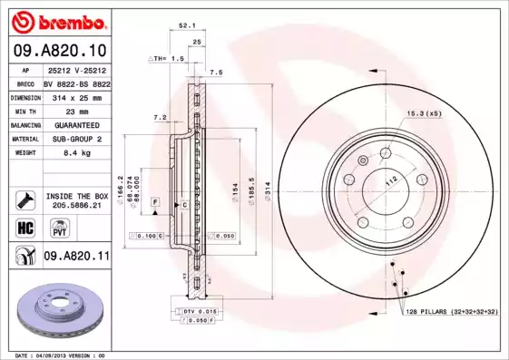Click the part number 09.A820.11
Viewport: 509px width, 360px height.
click(x=77, y=257)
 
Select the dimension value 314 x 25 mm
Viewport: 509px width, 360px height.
click(x=75, y=95)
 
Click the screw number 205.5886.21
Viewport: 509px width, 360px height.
click(x=77, y=205)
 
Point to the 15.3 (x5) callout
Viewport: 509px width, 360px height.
click(x=423, y=113)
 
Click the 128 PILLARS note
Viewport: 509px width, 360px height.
click(x=453, y=311)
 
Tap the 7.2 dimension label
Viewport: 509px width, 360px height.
click(x=160, y=117)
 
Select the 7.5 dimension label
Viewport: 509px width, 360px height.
click(x=216, y=71)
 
